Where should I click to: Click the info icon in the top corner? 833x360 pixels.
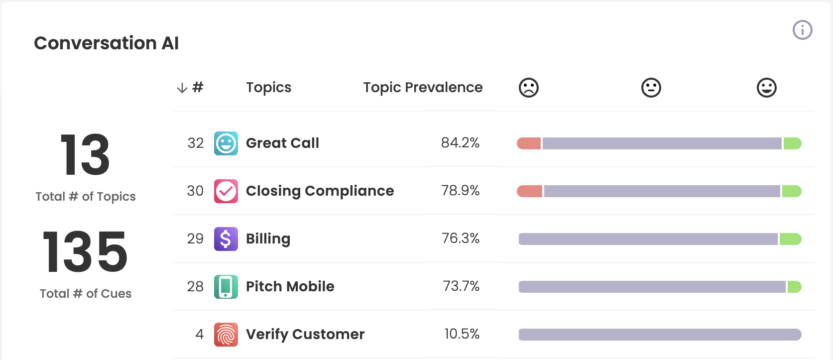(802, 30)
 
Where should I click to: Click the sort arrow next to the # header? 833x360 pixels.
(182, 88)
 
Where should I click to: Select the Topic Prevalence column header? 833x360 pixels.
(423, 88)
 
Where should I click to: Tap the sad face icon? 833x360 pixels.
(528, 88)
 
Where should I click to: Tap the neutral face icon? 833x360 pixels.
(651, 88)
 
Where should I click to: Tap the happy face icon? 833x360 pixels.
(766, 88)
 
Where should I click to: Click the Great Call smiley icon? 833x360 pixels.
(226, 143)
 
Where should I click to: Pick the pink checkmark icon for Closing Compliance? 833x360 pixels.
(226, 191)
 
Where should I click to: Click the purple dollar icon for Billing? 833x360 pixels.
(226, 239)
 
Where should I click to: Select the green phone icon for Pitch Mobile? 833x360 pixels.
(226, 287)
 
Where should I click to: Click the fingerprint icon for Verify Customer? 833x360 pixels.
(226, 335)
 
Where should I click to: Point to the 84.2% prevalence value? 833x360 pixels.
(460, 143)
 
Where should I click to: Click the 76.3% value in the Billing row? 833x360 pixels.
(460, 239)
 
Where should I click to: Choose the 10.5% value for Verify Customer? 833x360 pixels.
(462, 334)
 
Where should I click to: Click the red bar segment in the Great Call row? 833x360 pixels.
(529, 143)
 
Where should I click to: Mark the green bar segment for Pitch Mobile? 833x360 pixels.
(794, 287)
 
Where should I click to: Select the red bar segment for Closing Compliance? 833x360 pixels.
(529, 191)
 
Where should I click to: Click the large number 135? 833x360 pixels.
(85, 252)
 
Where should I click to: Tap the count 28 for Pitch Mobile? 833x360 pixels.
(195, 286)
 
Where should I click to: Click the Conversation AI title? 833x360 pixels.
(106, 43)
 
